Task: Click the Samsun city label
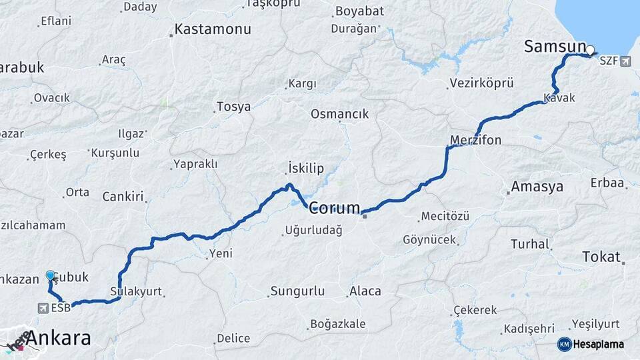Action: coord(555,47)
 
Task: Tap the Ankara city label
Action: coord(59,338)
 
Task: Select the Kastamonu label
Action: coord(213,29)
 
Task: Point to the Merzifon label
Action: coord(475,140)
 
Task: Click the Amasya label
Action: coord(537,187)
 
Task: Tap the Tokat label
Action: coord(601,257)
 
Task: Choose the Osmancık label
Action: coord(339,114)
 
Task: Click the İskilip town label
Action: coord(309,167)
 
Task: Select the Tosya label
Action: coord(233,107)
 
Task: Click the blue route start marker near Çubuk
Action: coord(51,275)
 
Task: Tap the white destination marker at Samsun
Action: coord(591,49)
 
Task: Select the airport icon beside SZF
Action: coord(625,61)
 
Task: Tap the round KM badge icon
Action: coord(564,344)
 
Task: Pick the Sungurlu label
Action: coord(297,291)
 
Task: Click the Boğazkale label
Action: coord(337,325)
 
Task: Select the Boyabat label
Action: coord(361,11)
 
